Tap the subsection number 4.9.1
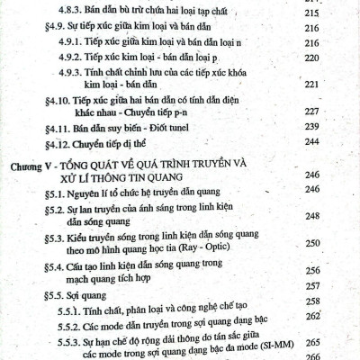(x=73, y=42)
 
